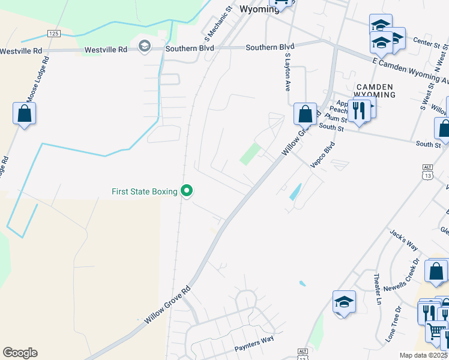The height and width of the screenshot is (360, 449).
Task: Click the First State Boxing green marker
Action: pyautogui.click(x=187, y=191)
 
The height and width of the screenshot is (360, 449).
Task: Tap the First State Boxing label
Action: pyautogui.click(x=145, y=191)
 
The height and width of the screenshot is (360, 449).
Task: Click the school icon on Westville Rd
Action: pyautogui.click(x=144, y=46)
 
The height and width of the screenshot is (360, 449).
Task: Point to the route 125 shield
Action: pyautogui.click(x=54, y=34)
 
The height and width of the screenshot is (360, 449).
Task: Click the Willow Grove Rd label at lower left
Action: pyautogui.click(x=167, y=305)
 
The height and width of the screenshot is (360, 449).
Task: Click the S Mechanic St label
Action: pyautogui.click(x=217, y=21)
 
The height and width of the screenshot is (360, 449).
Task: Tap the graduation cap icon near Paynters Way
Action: pyautogui.click(x=345, y=302)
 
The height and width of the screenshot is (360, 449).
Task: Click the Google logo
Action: pyautogui.click(x=20, y=353)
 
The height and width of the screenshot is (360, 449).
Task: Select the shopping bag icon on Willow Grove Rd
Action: pyautogui.click(x=305, y=113)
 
